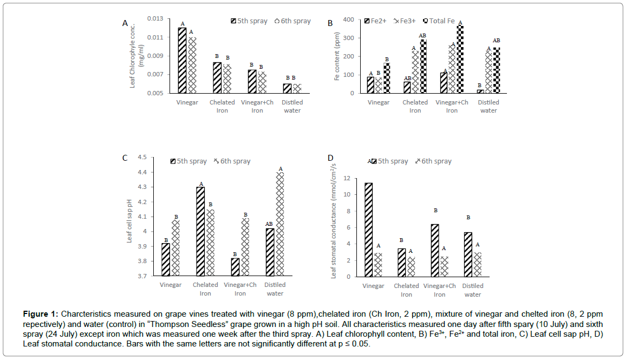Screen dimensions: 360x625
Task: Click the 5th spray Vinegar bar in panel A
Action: pyautogui.click(x=182, y=61)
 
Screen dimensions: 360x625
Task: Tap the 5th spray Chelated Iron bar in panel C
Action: pyautogui.click(x=200, y=231)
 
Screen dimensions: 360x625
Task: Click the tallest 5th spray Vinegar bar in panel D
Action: pyautogui.click(x=368, y=230)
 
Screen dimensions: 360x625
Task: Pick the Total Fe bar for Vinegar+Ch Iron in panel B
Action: pyautogui.click(x=460, y=59)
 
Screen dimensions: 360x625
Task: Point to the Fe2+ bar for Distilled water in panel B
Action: pyautogui.click(x=480, y=91)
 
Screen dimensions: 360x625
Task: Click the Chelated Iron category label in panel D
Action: pyautogui.click(x=406, y=290)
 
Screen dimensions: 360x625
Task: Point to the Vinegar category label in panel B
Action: pyautogui.click(x=379, y=102)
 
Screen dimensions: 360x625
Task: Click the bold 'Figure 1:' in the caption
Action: pyautogui.click(x=41, y=314)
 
